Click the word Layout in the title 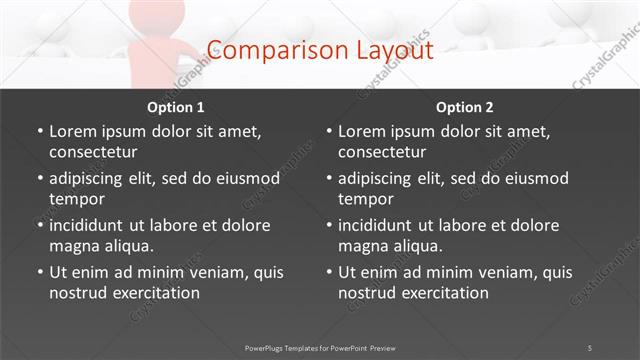pyautogui.click(x=396, y=49)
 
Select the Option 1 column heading pyautogui.click(x=176, y=107)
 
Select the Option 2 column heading pyautogui.click(x=464, y=107)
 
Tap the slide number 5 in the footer pyautogui.click(x=590, y=347)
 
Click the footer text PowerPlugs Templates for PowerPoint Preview pyautogui.click(x=319, y=347)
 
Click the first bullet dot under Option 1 pyautogui.click(x=39, y=131)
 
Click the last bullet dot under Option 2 pyautogui.click(x=329, y=272)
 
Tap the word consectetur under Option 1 pyautogui.click(x=93, y=152)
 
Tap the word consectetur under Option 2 pyautogui.click(x=382, y=152)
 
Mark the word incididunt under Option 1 pyautogui.click(x=92, y=225)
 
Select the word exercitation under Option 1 pyautogui.click(x=155, y=293)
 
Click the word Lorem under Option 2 pyautogui.click(x=361, y=131)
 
